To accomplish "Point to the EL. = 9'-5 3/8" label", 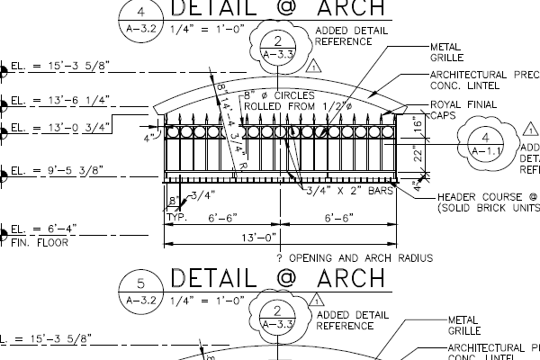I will (59, 168).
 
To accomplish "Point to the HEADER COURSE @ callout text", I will (485, 196).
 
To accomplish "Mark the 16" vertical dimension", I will (415, 125).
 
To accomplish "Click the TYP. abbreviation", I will (175, 217).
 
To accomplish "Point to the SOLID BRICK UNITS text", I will (486, 208).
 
